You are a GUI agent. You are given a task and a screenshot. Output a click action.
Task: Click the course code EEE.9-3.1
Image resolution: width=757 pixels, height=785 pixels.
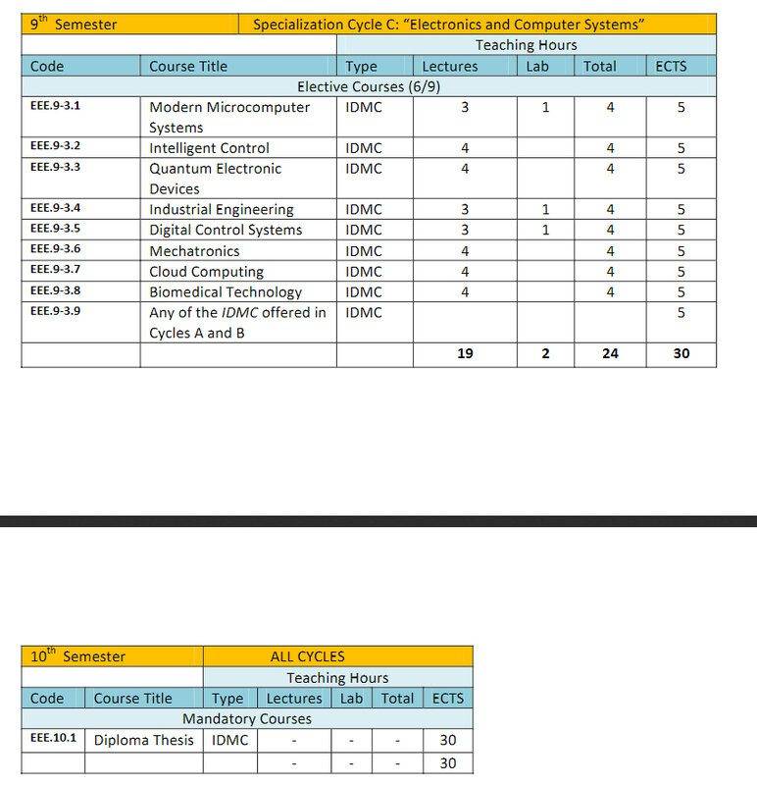click(x=55, y=106)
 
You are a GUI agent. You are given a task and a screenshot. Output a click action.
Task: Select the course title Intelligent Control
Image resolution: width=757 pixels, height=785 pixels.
click(x=209, y=148)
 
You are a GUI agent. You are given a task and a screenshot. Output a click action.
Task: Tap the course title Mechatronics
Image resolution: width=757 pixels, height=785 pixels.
click(x=194, y=251)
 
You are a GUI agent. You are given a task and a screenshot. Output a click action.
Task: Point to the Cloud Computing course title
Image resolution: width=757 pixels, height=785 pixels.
click(x=206, y=272)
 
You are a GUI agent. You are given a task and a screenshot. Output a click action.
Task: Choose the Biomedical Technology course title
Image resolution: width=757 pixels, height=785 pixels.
click(x=226, y=292)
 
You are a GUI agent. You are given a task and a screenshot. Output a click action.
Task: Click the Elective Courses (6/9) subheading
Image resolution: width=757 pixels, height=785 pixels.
click(x=368, y=86)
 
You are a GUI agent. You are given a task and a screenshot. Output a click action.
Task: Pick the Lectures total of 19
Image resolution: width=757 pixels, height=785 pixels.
click(x=465, y=353)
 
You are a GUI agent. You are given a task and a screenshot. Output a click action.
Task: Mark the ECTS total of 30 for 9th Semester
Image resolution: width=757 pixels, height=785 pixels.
click(x=681, y=353)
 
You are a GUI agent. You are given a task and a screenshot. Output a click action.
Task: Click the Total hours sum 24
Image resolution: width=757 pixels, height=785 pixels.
click(x=610, y=353)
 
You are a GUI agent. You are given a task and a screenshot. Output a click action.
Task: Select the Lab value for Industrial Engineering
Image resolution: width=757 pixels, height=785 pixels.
click(x=545, y=210)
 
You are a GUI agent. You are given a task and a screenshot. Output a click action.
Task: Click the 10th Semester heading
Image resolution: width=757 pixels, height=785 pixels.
click(x=78, y=656)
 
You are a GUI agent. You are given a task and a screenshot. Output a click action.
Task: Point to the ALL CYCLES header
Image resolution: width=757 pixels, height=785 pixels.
click(x=308, y=656)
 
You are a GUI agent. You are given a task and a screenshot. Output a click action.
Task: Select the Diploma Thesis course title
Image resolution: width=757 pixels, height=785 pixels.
click(x=144, y=740)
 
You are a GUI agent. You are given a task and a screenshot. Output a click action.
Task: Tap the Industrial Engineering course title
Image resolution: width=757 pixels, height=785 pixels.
click(x=221, y=210)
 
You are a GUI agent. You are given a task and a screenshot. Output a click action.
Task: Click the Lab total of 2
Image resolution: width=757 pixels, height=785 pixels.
click(x=545, y=353)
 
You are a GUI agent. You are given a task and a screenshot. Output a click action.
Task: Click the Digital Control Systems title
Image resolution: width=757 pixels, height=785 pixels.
click(x=226, y=231)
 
